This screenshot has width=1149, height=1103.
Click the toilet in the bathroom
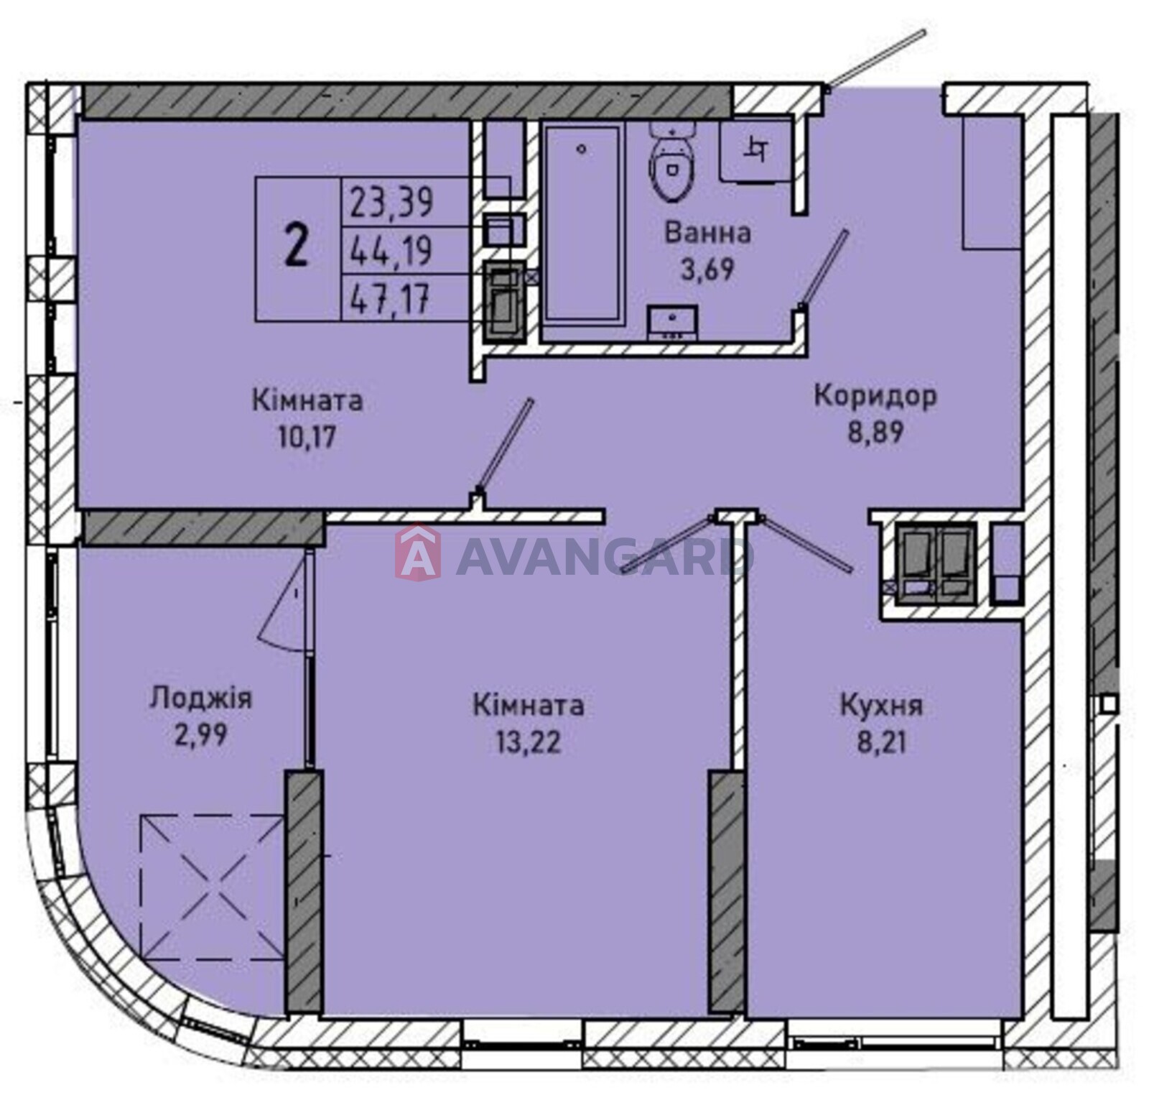point(672,160)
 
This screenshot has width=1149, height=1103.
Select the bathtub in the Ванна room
point(582,223)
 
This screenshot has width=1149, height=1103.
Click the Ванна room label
point(707,233)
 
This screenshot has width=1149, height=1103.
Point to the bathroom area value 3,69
point(707,269)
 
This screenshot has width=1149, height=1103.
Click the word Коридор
point(875,396)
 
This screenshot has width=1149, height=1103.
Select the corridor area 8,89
point(875,433)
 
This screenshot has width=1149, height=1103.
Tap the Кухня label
point(881,706)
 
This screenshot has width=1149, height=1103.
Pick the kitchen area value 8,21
point(882,742)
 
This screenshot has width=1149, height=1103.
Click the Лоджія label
point(200,698)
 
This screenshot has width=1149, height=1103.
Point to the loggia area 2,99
point(200,734)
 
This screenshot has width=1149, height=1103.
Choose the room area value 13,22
point(528,742)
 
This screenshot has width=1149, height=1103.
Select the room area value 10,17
point(307,436)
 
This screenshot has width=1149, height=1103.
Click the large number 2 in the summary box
point(297,246)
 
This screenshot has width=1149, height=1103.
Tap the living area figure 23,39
point(391,202)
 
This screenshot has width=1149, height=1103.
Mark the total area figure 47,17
point(390,299)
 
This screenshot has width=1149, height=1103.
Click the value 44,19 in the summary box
point(391,251)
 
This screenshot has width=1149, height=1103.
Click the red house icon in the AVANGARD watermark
point(418,553)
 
